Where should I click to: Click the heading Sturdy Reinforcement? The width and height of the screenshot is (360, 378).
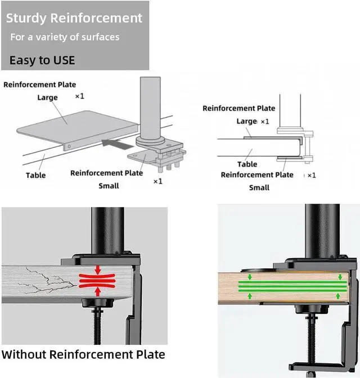[74, 18]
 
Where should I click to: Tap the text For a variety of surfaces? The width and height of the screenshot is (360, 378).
[65, 37]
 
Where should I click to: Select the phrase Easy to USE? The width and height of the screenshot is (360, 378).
[42, 60]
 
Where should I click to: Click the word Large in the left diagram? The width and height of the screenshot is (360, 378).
[48, 97]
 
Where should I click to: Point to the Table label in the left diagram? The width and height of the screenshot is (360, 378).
[36, 175]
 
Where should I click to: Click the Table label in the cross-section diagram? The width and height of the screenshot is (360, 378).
[247, 164]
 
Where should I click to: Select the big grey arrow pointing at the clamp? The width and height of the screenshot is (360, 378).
[119, 145]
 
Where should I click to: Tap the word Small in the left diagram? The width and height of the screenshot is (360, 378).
[109, 186]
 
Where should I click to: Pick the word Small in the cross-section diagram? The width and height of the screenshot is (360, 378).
[259, 187]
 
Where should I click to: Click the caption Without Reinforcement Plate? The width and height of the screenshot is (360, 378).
[83, 354]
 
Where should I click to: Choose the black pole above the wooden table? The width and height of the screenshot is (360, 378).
[322, 231]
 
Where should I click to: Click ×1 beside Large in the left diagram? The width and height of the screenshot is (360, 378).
[80, 97]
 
